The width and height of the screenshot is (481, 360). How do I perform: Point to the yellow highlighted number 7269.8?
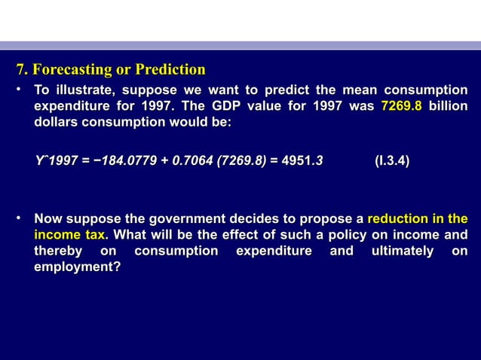click(401, 106)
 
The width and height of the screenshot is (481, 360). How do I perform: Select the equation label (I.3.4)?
click(393, 160)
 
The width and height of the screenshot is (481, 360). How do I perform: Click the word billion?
click(448, 106)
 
